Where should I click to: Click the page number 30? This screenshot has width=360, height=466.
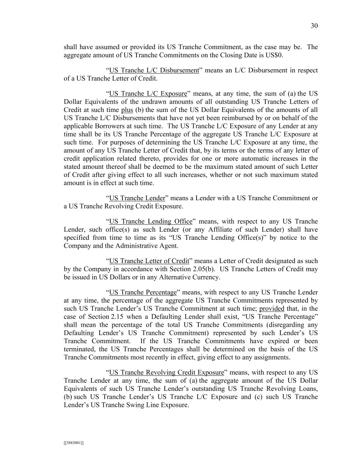(314, 26)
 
